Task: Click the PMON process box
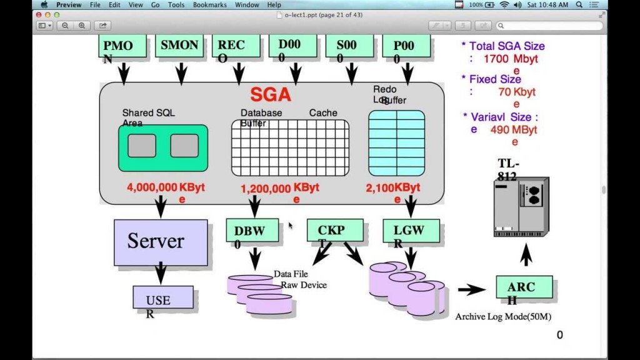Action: click(x=122, y=47)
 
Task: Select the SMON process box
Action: click(x=179, y=46)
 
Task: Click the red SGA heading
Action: click(x=271, y=94)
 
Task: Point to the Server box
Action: click(x=160, y=242)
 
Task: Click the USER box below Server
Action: click(x=162, y=297)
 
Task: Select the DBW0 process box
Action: click(x=252, y=231)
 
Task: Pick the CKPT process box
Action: click(x=334, y=231)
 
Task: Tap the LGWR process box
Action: click(x=411, y=231)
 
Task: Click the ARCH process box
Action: click(x=524, y=287)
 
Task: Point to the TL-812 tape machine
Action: click(x=521, y=206)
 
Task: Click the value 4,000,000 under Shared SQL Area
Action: click(x=152, y=187)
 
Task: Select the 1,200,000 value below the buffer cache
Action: click(x=266, y=187)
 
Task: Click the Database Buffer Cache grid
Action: click(x=290, y=148)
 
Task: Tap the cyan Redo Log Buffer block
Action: click(x=396, y=143)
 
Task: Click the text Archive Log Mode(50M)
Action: click(x=502, y=316)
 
